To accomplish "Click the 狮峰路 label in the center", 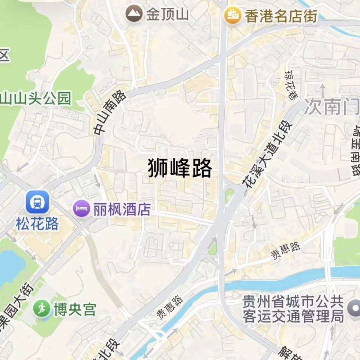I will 180,168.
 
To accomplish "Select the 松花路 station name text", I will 37,224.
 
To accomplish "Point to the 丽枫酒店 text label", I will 122,210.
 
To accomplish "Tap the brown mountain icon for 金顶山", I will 134,15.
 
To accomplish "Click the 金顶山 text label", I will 167,15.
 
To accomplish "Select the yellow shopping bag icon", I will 232,16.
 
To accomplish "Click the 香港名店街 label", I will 281,16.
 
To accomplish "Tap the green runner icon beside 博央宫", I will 42,309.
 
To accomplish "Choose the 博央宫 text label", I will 75,310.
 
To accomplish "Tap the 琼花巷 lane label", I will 291,85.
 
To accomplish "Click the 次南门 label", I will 331,106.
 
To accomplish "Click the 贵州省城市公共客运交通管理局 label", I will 293,309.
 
